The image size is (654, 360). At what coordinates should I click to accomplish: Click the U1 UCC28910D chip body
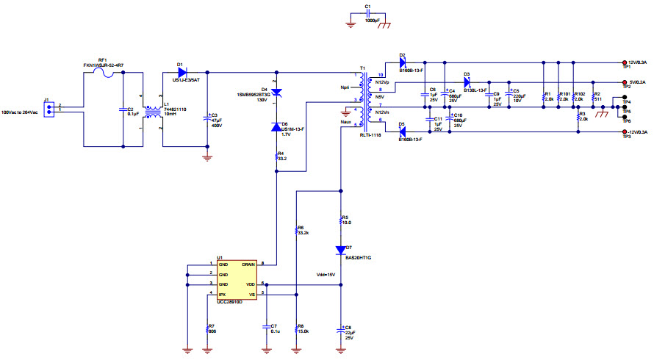(x=234, y=279)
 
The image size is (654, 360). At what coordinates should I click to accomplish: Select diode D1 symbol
(x=181, y=72)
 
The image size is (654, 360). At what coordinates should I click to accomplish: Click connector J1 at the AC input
(x=48, y=108)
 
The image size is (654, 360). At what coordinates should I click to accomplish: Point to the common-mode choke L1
(x=154, y=112)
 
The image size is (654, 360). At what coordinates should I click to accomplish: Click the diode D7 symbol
(x=340, y=249)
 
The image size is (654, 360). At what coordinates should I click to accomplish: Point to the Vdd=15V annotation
(x=326, y=275)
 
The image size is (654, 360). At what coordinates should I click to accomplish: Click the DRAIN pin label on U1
(x=248, y=264)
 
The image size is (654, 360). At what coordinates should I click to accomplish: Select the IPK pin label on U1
(x=223, y=295)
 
